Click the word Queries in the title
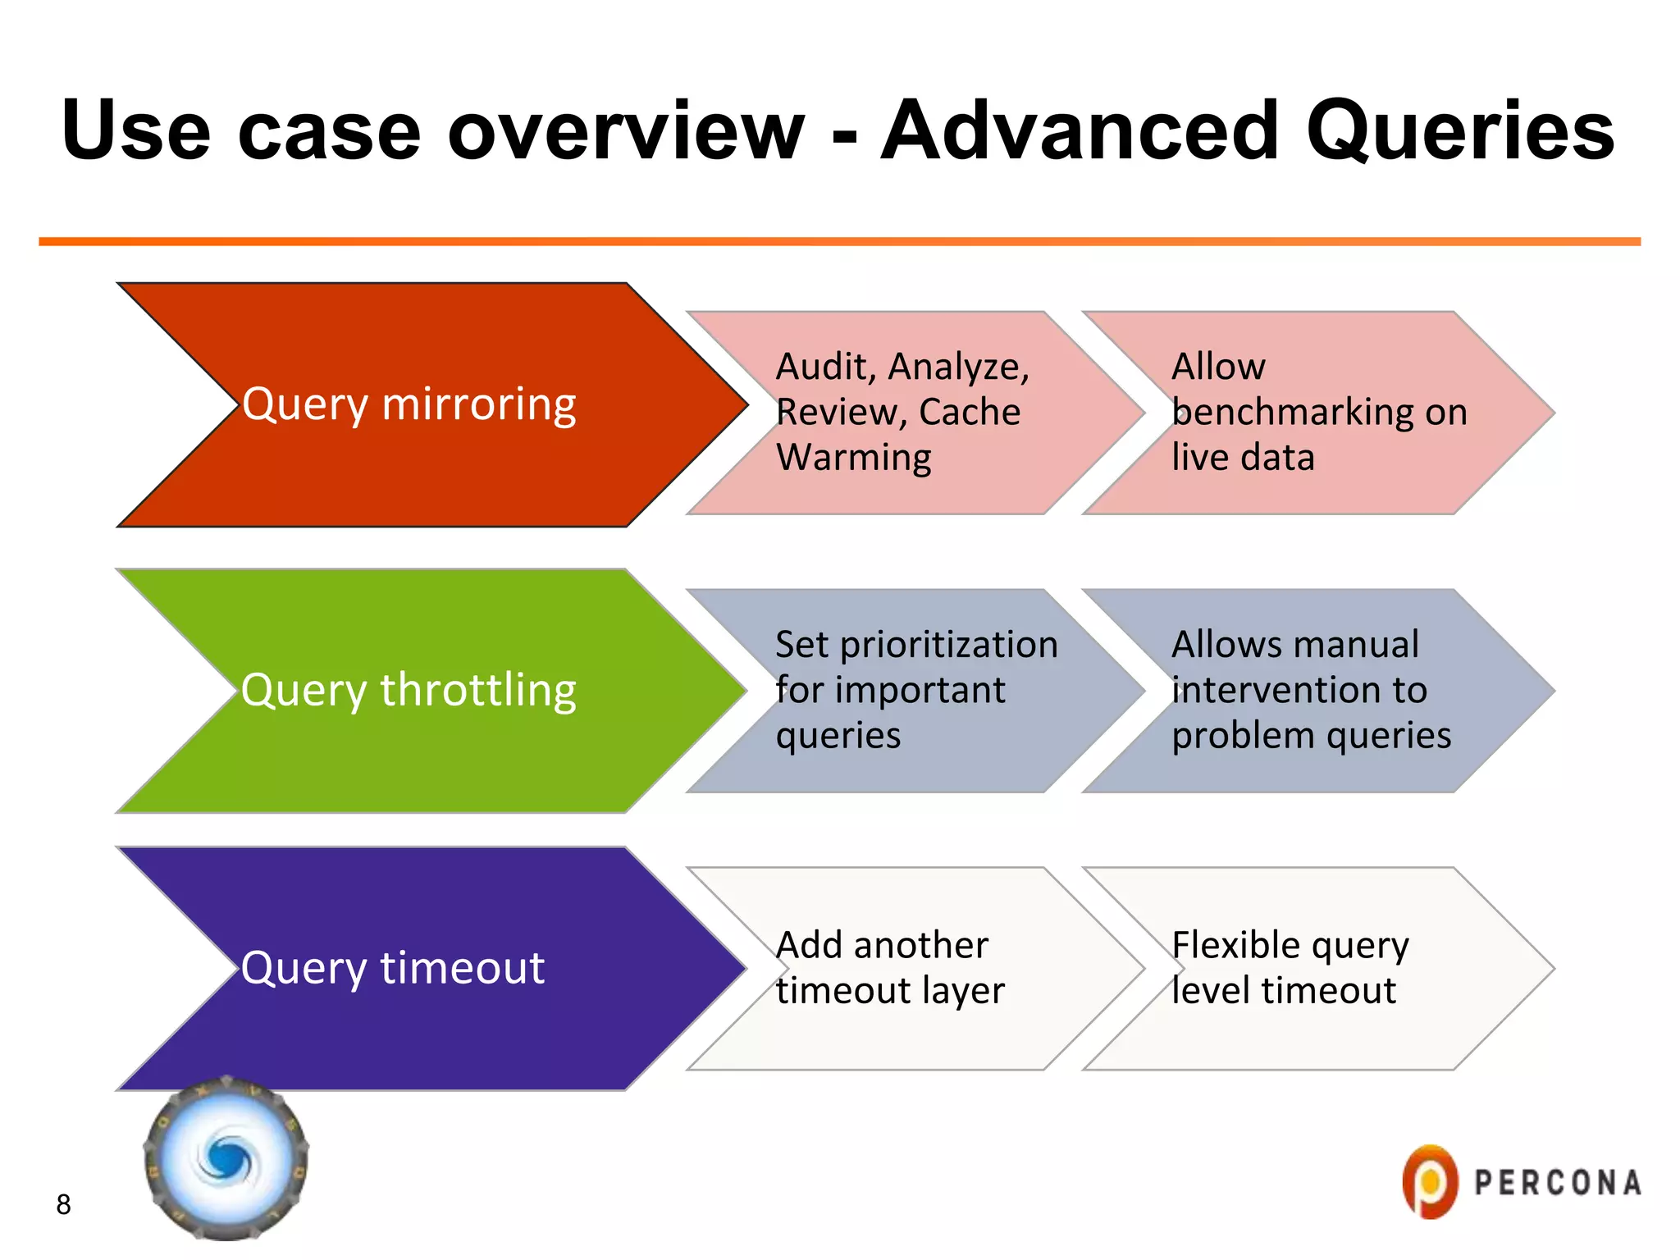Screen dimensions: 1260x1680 point(1460,131)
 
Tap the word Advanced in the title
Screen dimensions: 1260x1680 point(1080,131)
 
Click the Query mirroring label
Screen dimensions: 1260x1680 point(409,405)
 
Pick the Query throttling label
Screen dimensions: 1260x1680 point(409,690)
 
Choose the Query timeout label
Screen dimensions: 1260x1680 point(393,968)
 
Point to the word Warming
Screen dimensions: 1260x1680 point(854,457)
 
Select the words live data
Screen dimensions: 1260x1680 point(1243,457)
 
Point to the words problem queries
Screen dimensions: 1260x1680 point(1311,735)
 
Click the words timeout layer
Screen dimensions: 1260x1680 point(890,991)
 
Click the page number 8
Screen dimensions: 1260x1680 point(63,1204)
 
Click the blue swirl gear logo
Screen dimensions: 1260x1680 point(226,1158)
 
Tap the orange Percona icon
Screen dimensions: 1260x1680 point(1430,1182)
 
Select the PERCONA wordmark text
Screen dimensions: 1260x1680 point(1557,1183)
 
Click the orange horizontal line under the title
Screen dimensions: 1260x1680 point(839,242)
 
